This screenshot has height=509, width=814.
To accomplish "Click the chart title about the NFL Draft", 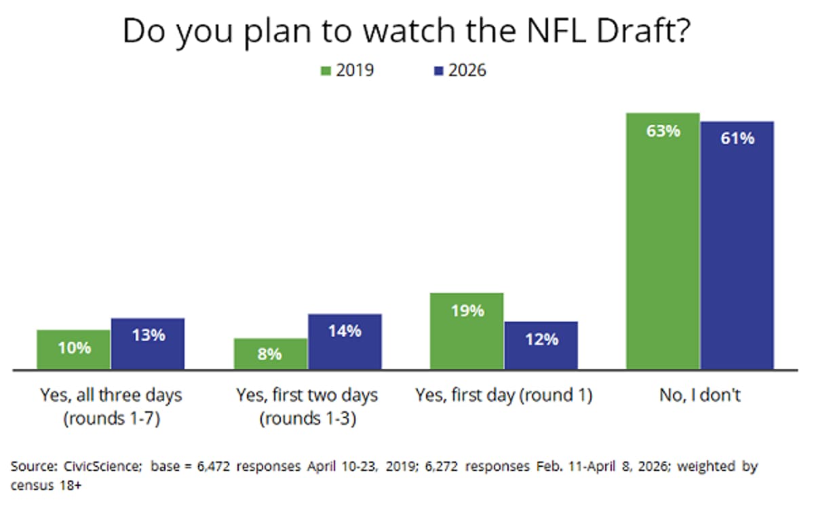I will [x=406, y=33].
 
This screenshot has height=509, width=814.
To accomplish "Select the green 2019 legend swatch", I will [x=326, y=70].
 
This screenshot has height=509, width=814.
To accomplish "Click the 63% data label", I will [x=663, y=131].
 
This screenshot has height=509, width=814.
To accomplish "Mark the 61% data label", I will [x=737, y=138].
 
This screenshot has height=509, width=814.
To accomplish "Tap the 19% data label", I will [x=467, y=311].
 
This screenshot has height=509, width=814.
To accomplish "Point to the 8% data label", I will [x=270, y=354].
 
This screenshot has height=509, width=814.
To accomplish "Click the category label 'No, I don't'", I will [x=699, y=396].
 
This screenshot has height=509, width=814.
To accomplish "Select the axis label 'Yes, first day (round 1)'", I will [x=504, y=396].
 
